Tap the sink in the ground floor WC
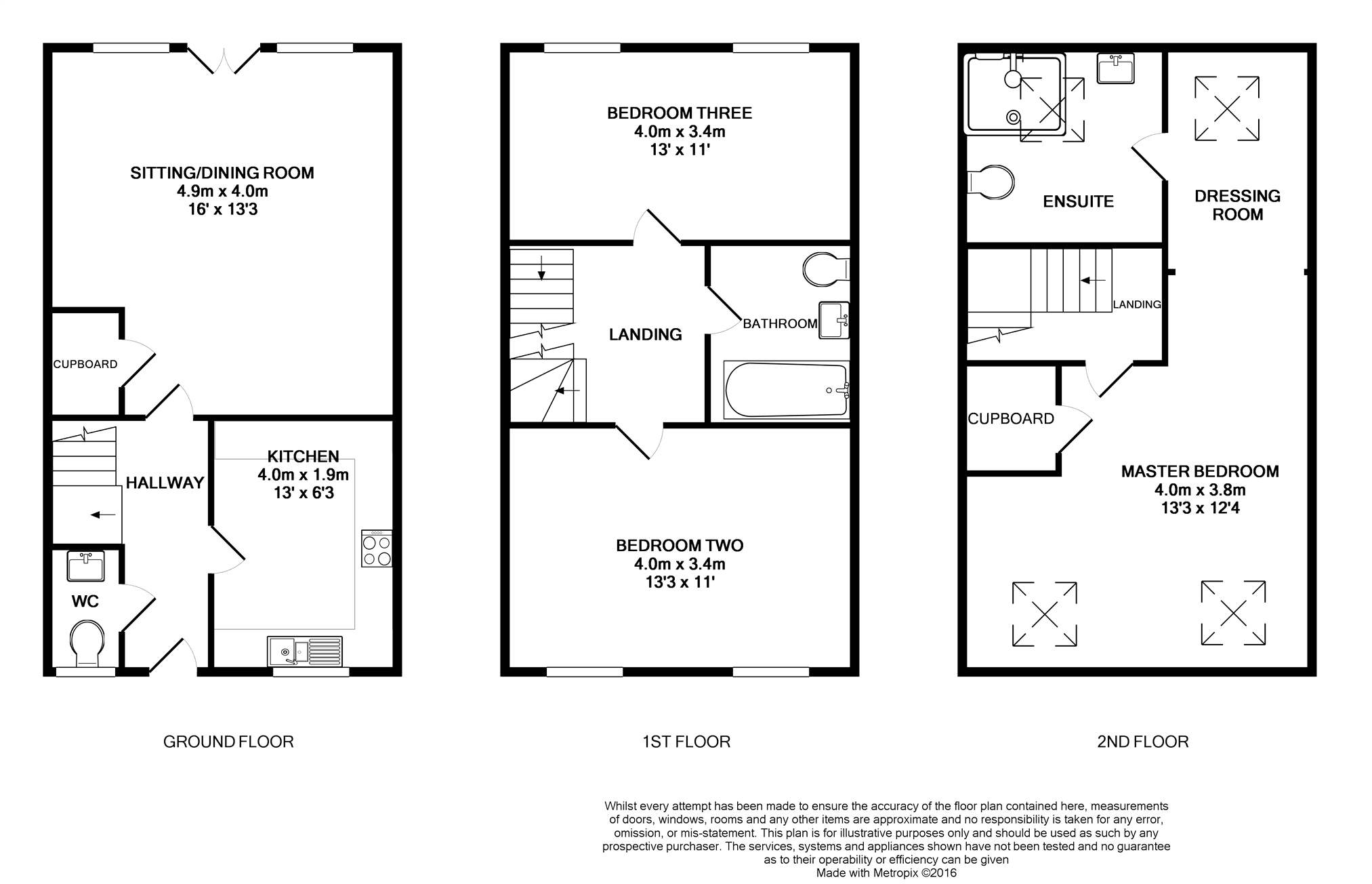[x=86, y=566]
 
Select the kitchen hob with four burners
[x=377, y=548]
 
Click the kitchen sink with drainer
[x=305, y=651]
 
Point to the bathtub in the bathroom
[x=787, y=390]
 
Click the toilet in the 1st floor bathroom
[x=826, y=270]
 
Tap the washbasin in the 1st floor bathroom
[x=834, y=320]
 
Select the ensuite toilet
[x=991, y=182]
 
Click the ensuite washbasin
[x=1115, y=68]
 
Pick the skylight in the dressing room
[x=1227, y=108]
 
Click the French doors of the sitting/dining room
[x=224, y=58]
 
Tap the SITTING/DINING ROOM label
[x=222, y=173]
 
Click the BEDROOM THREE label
[x=680, y=113]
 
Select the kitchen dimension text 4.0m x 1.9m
[x=303, y=475]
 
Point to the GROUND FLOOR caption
[x=228, y=742]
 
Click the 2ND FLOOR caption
[x=1143, y=742]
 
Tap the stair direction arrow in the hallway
[x=103, y=515]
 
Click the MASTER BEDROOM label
[x=1200, y=472]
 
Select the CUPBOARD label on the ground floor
[x=85, y=364]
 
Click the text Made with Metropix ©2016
[x=886, y=873]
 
